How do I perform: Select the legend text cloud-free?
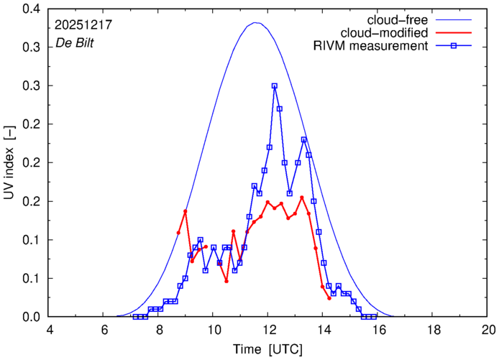[x=403, y=19]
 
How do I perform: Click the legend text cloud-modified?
[x=392, y=33]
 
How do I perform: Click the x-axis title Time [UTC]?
[x=267, y=349]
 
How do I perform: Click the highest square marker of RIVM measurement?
[x=275, y=86]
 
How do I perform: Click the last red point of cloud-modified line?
[x=329, y=298]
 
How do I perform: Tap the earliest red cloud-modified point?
[x=178, y=233]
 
